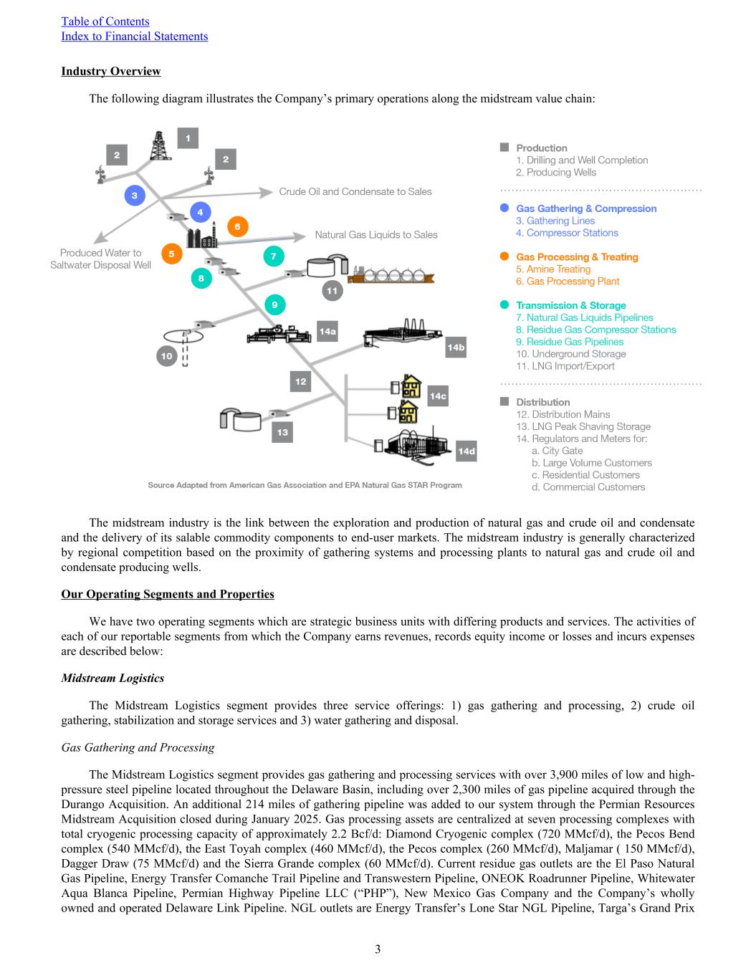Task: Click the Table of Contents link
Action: tap(105, 21)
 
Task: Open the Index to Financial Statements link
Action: tap(134, 37)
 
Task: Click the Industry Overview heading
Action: tap(111, 72)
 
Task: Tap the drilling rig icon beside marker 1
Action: tap(159, 146)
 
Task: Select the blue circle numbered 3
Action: tap(135, 195)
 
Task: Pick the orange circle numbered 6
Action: tap(237, 227)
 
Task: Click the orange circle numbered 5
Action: tap(171, 254)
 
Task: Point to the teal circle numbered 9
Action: tap(274, 305)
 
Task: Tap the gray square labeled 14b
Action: tap(456, 347)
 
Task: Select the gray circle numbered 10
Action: tap(166, 355)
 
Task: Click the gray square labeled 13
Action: tap(282, 432)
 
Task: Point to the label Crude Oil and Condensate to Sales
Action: tap(355, 191)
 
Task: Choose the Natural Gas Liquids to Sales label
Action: tap(376, 235)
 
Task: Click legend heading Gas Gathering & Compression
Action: tap(586, 208)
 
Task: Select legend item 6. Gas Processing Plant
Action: tap(568, 282)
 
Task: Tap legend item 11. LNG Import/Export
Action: tap(565, 366)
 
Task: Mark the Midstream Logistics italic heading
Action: tap(113, 678)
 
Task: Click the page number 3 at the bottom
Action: tap(378, 950)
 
